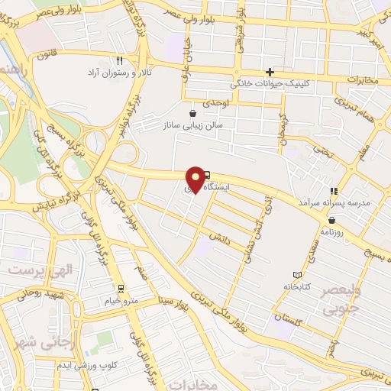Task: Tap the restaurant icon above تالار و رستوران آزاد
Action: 119,60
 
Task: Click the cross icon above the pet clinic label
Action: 269,71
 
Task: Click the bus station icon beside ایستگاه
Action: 207,176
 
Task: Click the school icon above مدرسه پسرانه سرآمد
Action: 333,191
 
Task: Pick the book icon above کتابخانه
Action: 297,274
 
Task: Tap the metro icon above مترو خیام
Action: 121,289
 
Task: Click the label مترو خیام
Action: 121,300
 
